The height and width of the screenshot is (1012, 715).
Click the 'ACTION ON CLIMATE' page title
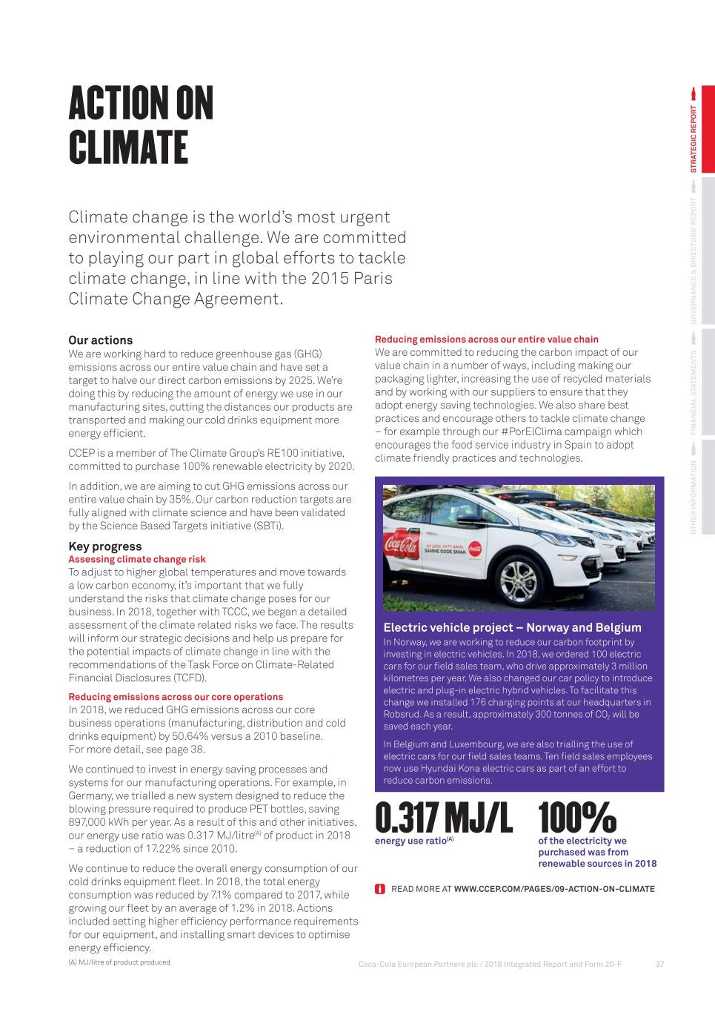[x=141, y=125]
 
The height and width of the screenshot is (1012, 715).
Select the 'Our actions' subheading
[x=101, y=340]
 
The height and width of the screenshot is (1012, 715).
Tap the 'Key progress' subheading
[x=104, y=546]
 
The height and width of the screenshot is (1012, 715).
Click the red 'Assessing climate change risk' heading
[x=137, y=560]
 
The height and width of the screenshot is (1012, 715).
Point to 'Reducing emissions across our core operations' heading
[x=176, y=697]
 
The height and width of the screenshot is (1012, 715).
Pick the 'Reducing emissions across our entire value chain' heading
[x=487, y=340]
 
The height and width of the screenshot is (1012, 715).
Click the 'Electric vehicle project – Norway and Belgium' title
[x=512, y=628]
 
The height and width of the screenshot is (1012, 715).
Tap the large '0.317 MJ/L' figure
[x=443, y=818]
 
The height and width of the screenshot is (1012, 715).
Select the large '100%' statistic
[x=577, y=818]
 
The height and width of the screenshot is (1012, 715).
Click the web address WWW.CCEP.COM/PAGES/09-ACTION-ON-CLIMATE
[x=554, y=889]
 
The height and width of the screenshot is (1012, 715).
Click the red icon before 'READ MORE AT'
[x=380, y=889]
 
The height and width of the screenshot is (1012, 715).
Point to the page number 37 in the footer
[x=659, y=965]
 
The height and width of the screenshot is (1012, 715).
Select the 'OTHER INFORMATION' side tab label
[x=694, y=497]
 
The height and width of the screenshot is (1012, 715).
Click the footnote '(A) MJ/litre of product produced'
[x=119, y=962]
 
